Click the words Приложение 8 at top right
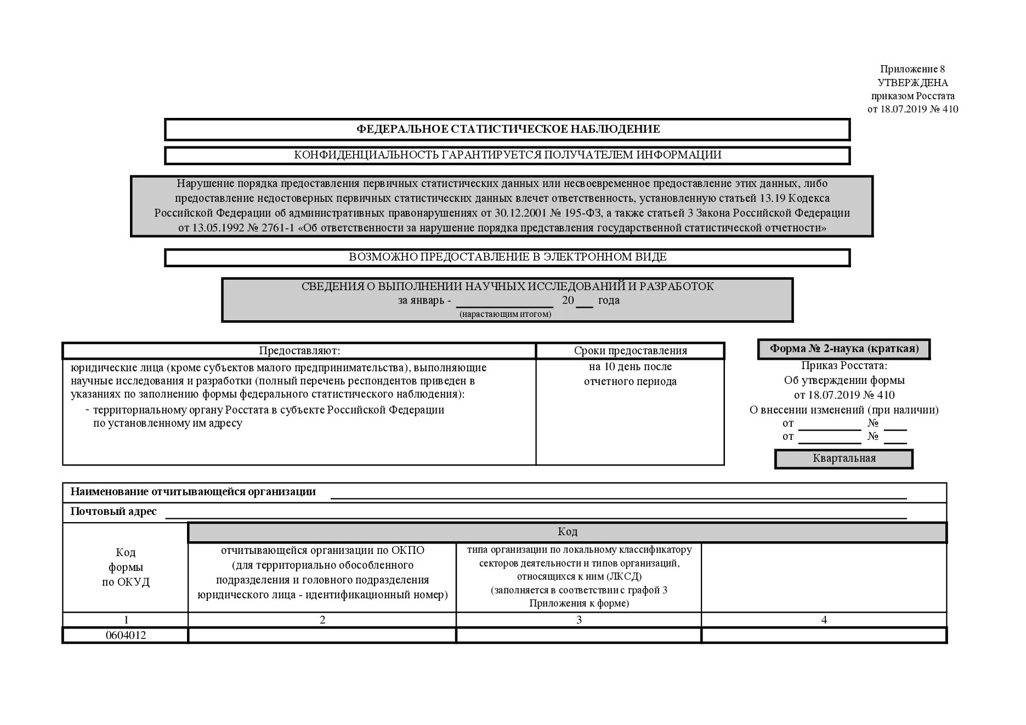point(912,69)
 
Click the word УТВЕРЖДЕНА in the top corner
point(912,83)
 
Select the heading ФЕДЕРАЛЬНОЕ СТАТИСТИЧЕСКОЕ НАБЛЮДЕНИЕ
point(508,129)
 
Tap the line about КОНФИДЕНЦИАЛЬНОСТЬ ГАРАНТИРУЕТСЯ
point(508,155)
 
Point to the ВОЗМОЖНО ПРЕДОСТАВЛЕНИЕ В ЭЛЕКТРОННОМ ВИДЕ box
point(508,257)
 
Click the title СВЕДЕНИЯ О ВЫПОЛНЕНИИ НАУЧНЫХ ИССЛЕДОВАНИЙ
point(508,286)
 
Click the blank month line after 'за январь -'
point(505,302)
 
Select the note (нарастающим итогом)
point(505,314)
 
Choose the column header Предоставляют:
point(299,351)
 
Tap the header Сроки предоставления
point(630,351)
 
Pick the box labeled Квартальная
point(844,458)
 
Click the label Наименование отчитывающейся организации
point(193,492)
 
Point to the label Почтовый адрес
point(114,512)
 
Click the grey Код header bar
point(568,532)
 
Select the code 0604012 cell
point(126,636)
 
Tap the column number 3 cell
point(579,620)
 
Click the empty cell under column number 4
point(824,636)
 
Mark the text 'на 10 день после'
point(630,367)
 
